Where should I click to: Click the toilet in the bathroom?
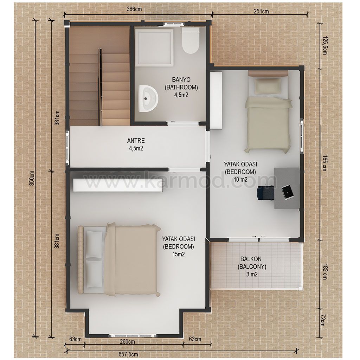point(191,41)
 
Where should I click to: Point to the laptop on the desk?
point(288,192)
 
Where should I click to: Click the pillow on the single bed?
point(268,86)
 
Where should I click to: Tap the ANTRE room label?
point(136,140)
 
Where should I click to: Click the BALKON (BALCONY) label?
point(252,263)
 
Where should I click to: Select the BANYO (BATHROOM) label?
point(181,83)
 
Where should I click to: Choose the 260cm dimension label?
point(127,342)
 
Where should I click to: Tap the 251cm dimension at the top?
point(261,11)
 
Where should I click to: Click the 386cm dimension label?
point(134,9)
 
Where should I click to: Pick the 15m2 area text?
point(179,254)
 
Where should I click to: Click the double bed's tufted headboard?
point(81,260)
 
